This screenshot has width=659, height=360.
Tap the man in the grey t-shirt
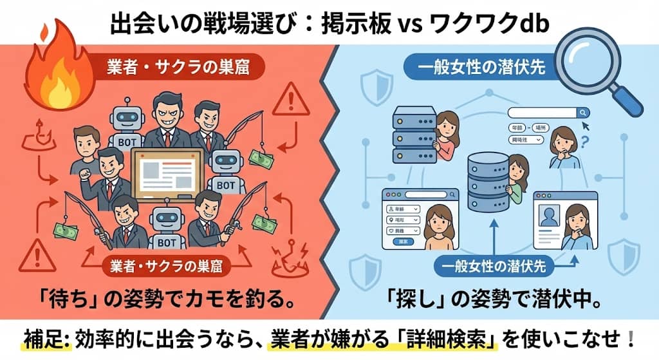[x=87, y=149]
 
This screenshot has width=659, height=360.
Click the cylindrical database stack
[x=488, y=176]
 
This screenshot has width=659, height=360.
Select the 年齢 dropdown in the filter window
[x=403, y=209]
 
